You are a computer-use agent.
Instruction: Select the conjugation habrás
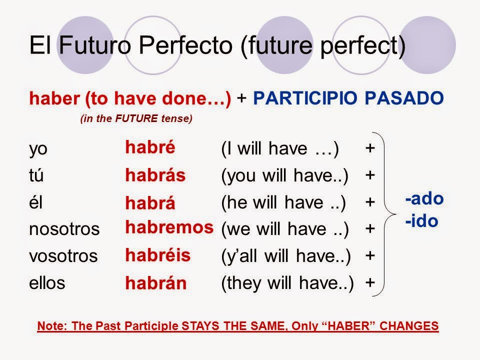coord(155,175)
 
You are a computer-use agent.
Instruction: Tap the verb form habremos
coord(169,227)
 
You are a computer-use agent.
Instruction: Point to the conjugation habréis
coord(158,254)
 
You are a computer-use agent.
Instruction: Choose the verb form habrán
coord(156,282)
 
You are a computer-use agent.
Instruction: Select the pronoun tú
coord(36,175)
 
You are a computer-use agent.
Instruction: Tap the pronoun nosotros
coord(64,229)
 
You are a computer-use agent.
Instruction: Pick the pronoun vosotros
coord(63,256)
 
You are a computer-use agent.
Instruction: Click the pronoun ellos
coord(47,282)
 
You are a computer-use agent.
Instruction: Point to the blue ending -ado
coord(424,198)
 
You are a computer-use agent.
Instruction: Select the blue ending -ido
coord(421,220)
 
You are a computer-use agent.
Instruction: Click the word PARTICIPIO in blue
coord(305,98)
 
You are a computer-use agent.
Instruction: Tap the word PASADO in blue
coord(404,98)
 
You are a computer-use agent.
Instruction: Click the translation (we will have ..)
coord(285,229)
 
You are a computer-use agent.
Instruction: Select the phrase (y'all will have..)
coord(286,256)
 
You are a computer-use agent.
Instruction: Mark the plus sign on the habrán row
coord(370,282)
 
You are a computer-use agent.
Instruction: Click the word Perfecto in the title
coord(186,45)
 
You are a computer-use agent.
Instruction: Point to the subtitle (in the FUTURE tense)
coord(136,118)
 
